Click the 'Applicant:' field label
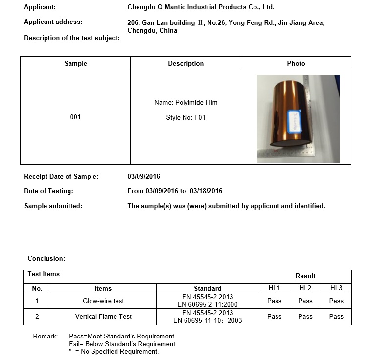point(40,7)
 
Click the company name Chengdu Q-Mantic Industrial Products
point(201,7)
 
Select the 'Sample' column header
point(75,64)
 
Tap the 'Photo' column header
point(296,64)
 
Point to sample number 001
point(75,117)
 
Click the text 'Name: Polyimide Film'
point(185,103)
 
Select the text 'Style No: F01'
point(185,118)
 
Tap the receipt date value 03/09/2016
point(143,177)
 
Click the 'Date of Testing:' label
point(48,191)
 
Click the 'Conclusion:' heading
point(46,258)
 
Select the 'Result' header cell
point(305,276)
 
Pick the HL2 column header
point(305,288)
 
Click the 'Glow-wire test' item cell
point(103,301)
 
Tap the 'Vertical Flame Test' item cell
point(103,317)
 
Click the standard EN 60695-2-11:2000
point(208,305)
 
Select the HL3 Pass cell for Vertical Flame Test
point(336,317)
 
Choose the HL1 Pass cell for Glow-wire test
point(275,301)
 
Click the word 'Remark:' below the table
point(45,337)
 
